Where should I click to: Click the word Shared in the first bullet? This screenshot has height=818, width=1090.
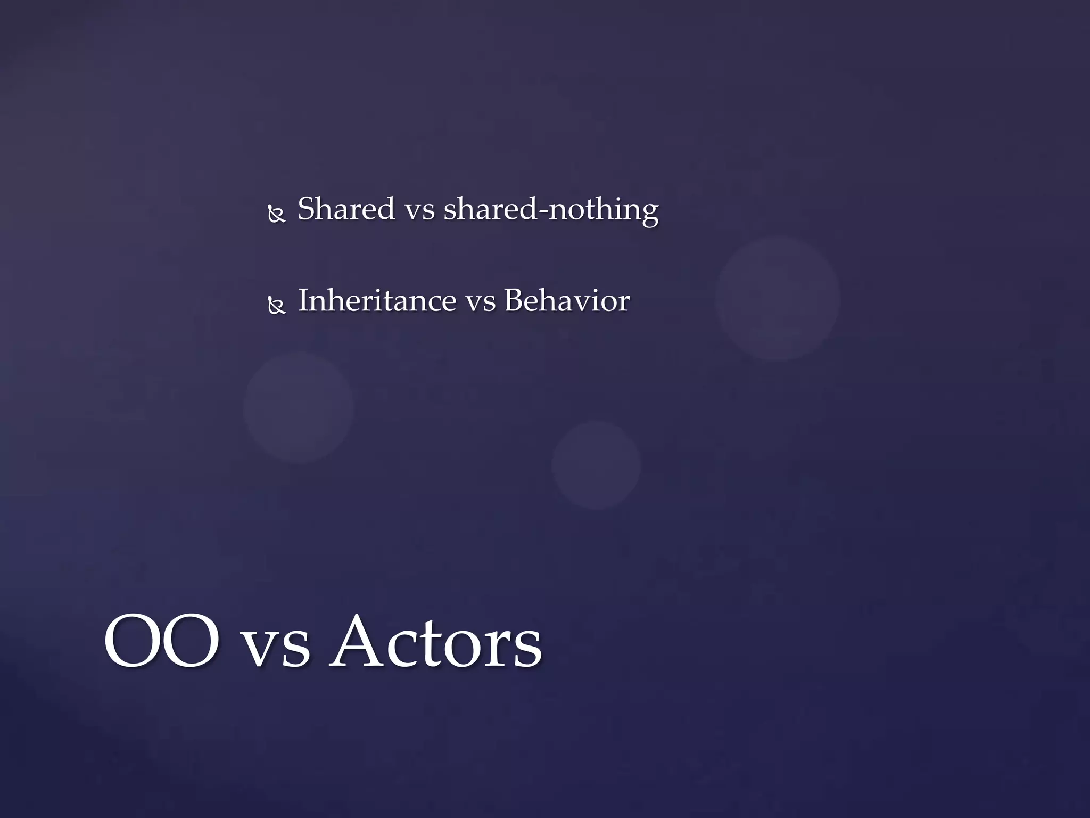346,209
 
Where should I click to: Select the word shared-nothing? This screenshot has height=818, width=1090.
551,210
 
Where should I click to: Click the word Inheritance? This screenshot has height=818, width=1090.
376,301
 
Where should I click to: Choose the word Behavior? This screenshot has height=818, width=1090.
566,301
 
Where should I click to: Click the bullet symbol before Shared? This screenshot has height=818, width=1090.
277,215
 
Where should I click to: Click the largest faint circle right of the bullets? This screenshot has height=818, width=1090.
778,298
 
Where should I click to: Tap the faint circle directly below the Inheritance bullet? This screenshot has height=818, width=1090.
299,407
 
